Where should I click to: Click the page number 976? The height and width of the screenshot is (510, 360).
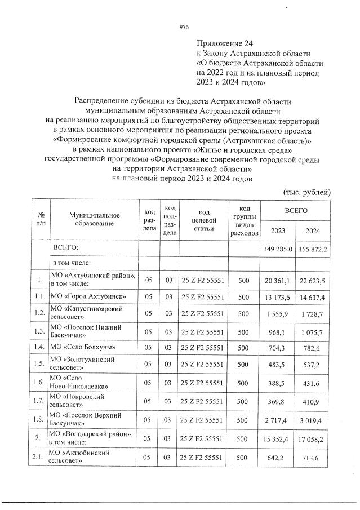(184, 27)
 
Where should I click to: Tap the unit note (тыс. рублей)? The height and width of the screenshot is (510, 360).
(306, 192)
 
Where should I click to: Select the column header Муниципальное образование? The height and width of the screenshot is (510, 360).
(91, 220)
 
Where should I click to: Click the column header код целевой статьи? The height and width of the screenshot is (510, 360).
(201, 220)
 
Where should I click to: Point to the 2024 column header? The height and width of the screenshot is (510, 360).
(312, 230)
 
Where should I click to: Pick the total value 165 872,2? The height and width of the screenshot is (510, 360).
(312, 249)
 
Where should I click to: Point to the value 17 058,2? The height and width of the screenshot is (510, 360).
(312, 437)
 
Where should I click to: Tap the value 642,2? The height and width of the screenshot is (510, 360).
(280, 457)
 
